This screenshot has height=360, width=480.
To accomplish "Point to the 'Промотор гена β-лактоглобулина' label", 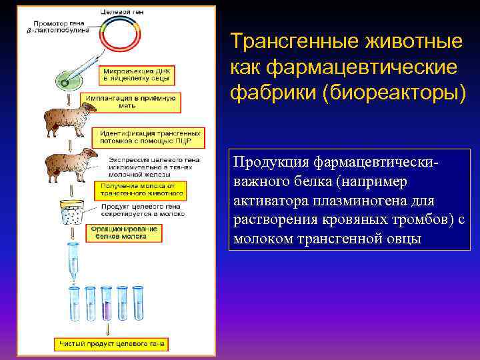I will [57, 27].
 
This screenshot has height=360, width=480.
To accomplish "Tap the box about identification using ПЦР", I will [139, 137].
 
